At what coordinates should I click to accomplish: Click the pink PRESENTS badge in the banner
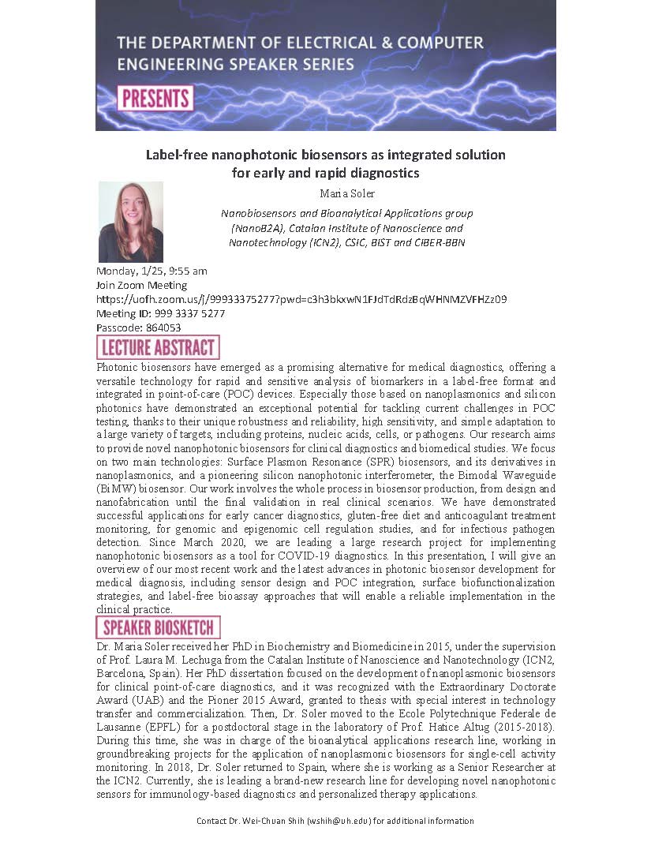(x=155, y=99)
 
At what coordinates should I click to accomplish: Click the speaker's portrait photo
(x=130, y=222)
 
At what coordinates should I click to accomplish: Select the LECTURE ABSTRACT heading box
(x=158, y=347)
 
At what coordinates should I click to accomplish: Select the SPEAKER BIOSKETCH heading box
(x=158, y=627)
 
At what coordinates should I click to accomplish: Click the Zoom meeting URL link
(x=301, y=299)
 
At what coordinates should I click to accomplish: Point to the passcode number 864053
(x=163, y=327)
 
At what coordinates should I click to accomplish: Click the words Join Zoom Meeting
(x=141, y=285)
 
